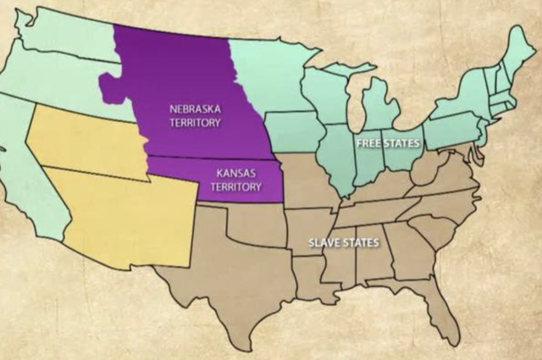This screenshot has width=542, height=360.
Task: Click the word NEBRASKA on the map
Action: [x=195, y=109]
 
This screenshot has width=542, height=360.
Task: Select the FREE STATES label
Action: [x=385, y=142]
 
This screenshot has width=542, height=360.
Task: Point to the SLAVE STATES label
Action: [x=343, y=243]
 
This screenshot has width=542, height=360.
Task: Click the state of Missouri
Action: [x=310, y=182]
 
